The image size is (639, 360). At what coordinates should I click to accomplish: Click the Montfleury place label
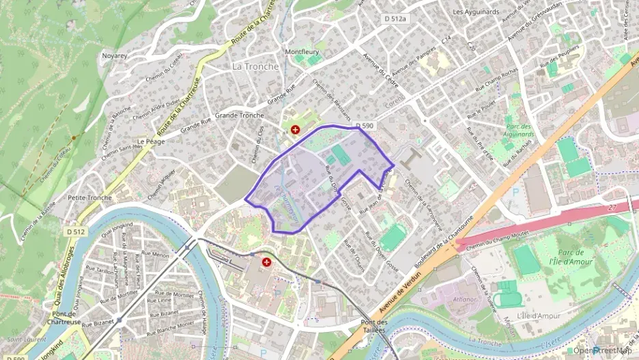(302, 51)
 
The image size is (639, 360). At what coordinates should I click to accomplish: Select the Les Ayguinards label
(476, 12)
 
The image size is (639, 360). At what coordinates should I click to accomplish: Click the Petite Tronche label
(89, 197)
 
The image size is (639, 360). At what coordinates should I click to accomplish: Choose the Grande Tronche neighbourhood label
(239, 115)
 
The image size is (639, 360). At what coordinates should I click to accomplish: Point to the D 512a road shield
(394, 19)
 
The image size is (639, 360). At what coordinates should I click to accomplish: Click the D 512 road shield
(76, 232)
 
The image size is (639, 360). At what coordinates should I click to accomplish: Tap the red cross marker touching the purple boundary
(295, 129)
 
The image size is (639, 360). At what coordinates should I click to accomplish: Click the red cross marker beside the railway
(266, 261)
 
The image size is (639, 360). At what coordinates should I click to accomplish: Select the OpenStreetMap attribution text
(604, 350)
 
